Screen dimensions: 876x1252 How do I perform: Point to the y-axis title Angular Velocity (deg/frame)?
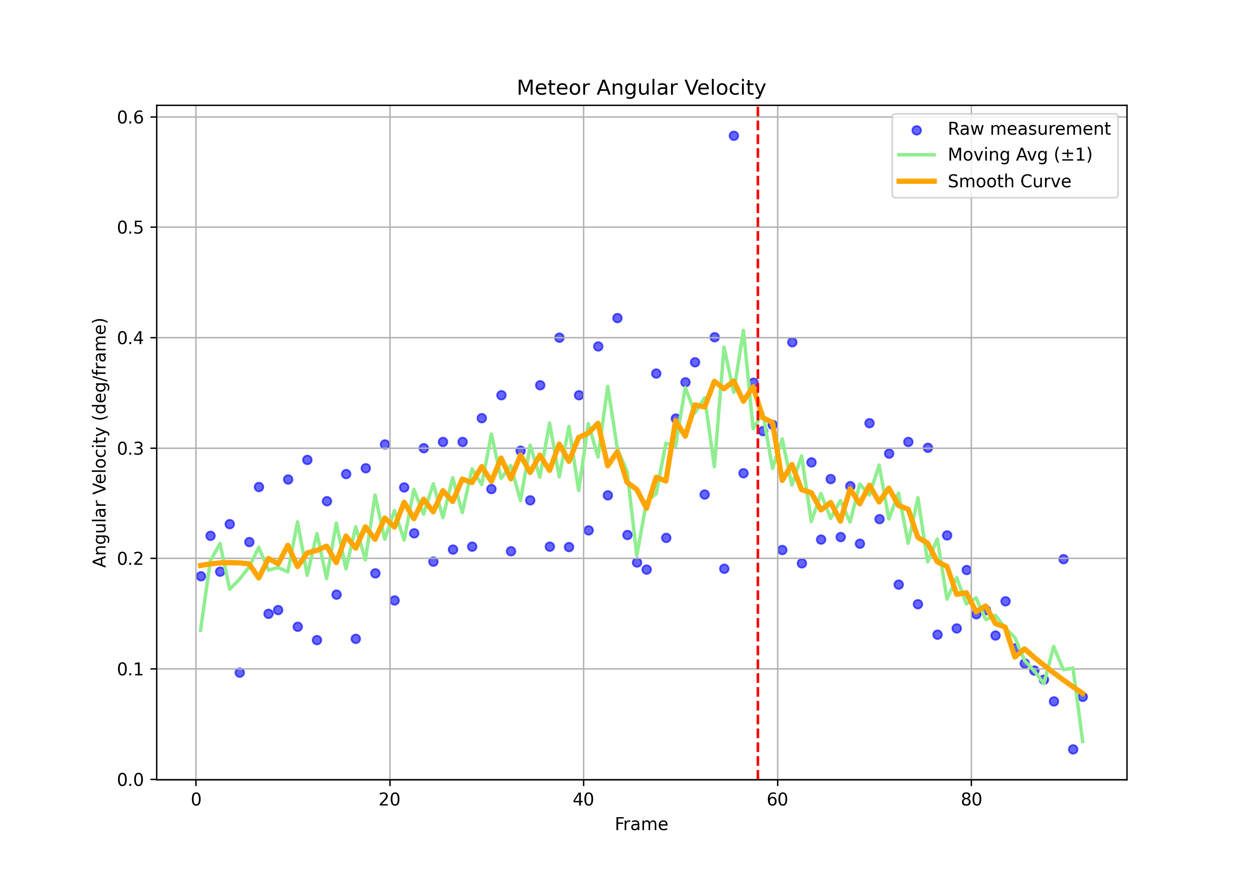100,442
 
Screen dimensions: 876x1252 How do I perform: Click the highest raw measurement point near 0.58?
733,136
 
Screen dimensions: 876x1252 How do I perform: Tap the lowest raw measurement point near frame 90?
1073,749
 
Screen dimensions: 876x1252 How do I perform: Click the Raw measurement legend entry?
1028,129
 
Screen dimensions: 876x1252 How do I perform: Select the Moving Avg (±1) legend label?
1020,155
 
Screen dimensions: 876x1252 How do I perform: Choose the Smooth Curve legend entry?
1009,181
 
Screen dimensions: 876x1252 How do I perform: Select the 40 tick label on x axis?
583,800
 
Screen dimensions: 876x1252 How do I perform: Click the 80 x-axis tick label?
971,800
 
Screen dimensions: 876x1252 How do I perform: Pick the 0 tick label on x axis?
196,800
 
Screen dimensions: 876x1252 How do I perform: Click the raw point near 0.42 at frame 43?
617,318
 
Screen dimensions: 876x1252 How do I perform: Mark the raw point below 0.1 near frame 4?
240,673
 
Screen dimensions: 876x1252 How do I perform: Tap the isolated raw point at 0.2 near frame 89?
1063,559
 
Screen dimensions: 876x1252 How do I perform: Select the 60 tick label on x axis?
777,800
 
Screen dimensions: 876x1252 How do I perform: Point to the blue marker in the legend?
916,130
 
